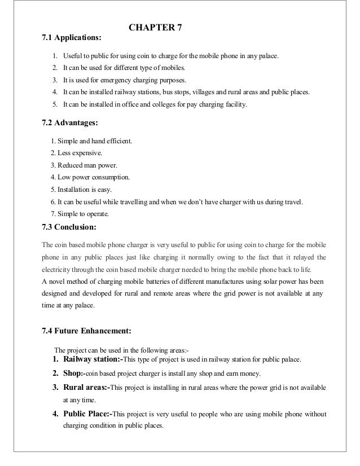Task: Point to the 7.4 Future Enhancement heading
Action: coord(86,331)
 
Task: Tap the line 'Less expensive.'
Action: coord(77,153)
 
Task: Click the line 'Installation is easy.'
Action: coord(84,190)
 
